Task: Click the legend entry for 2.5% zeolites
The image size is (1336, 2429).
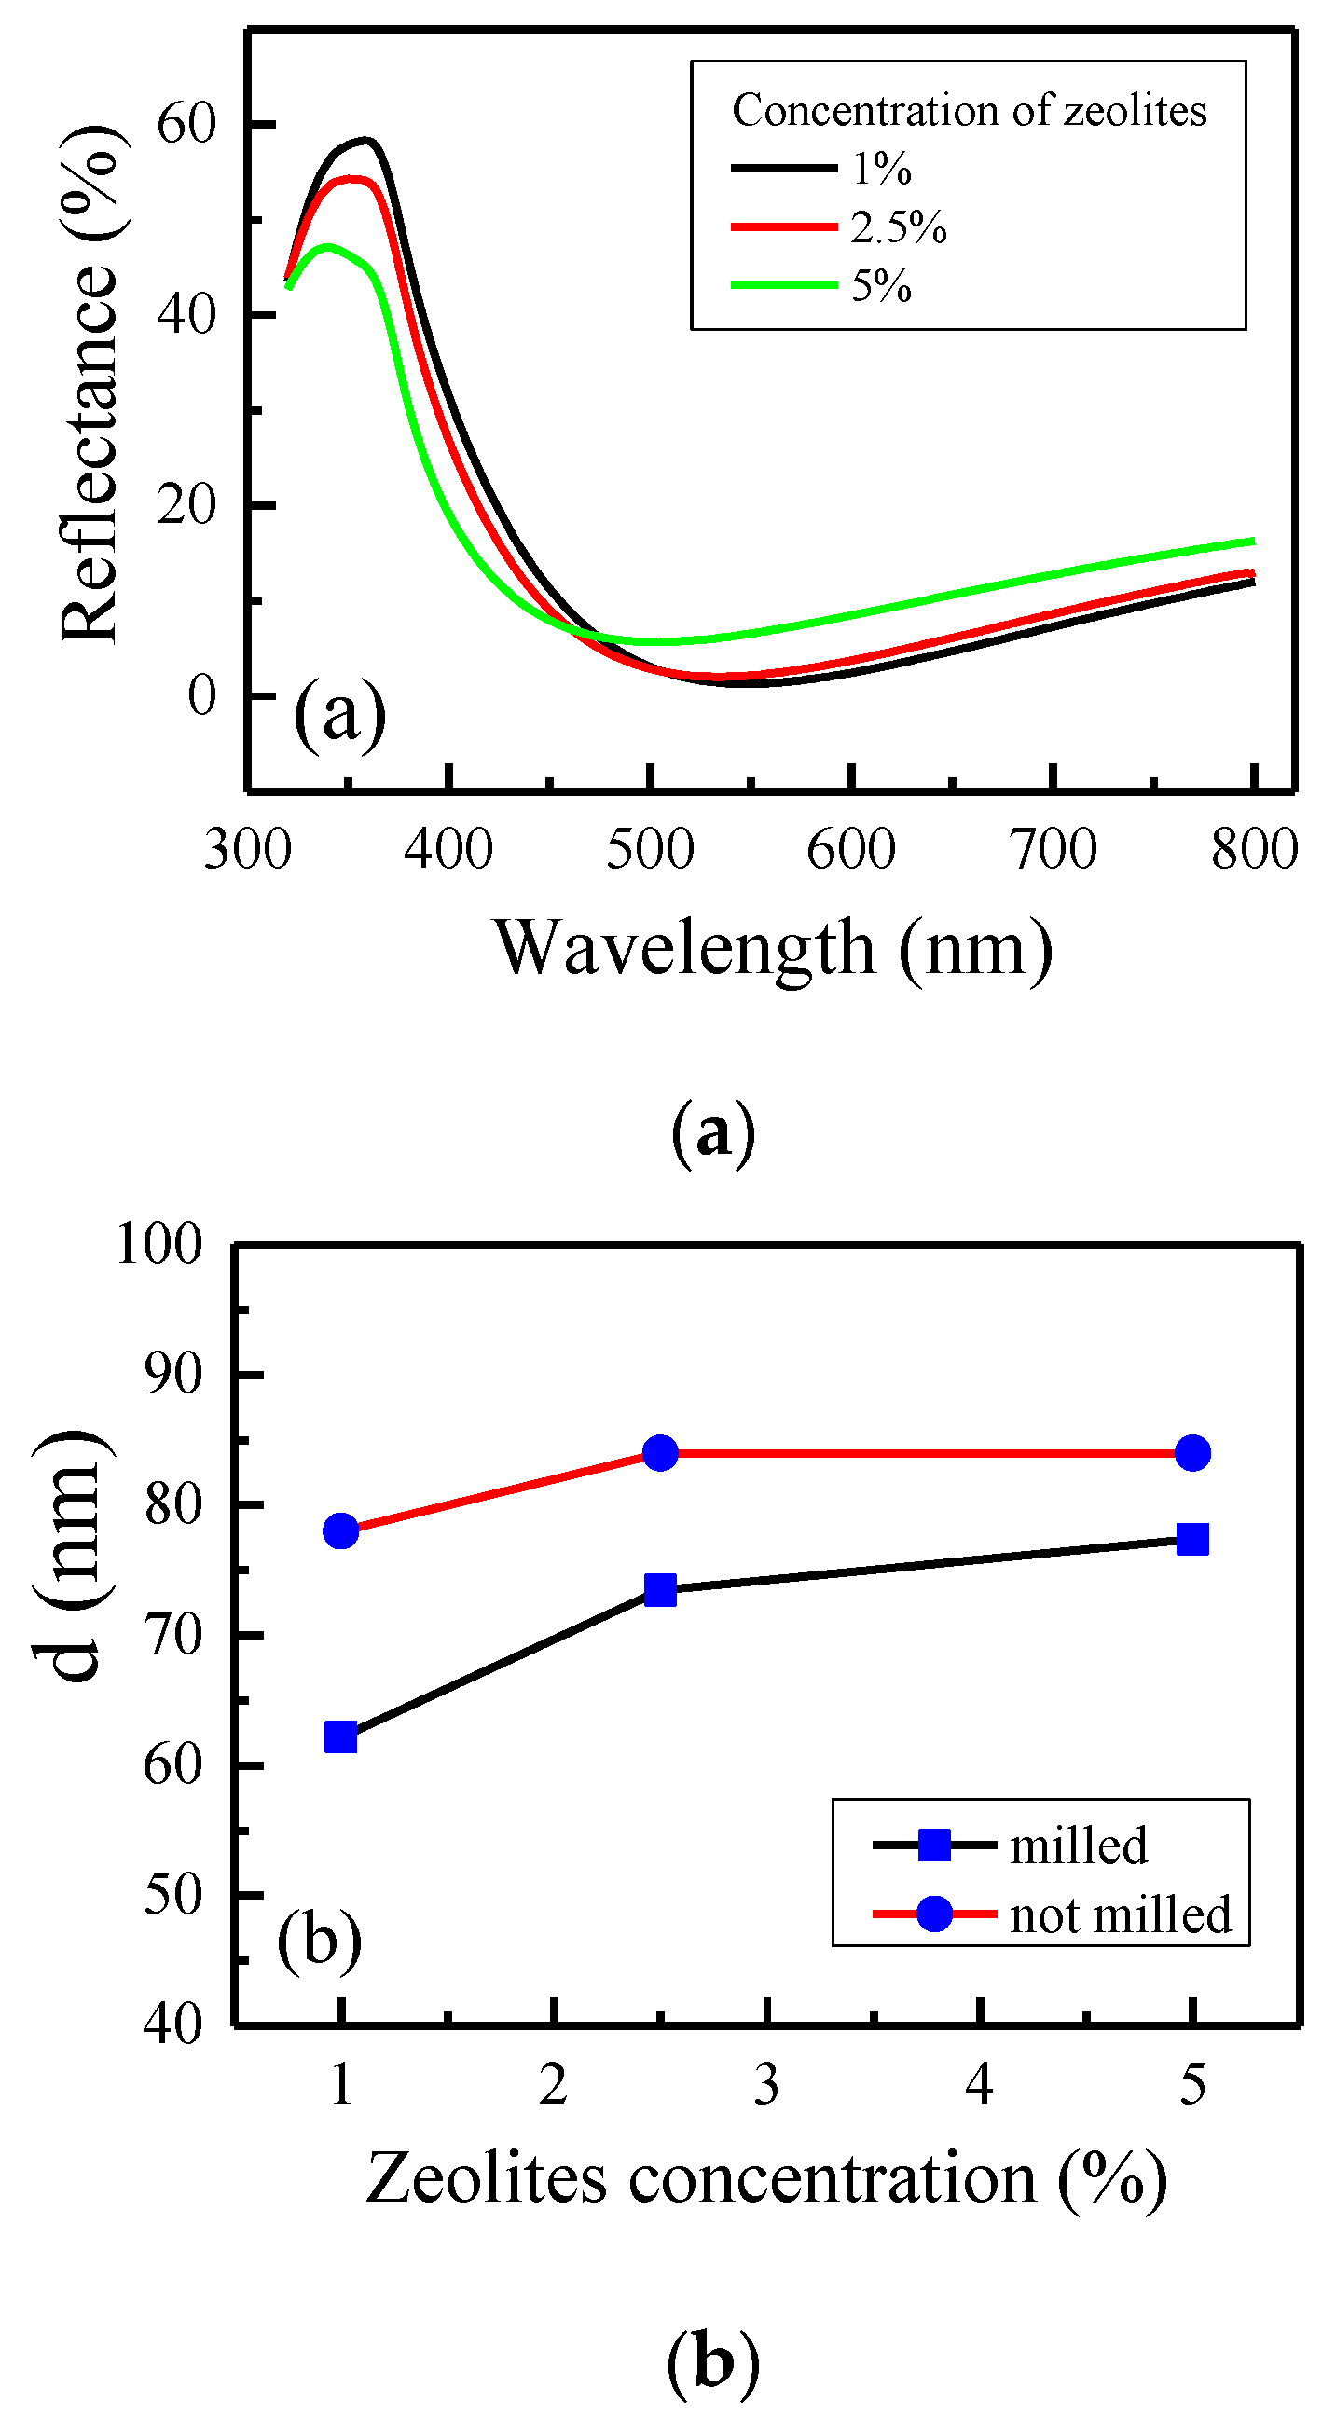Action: pos(897,227)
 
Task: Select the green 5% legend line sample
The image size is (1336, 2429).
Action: pos(783,285)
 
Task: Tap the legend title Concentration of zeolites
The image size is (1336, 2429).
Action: pos(969,110)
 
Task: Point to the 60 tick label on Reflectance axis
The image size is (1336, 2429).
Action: pos(186,124)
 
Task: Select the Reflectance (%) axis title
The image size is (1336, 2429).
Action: pos(90,387)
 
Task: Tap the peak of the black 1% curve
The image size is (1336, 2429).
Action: pos(365,141)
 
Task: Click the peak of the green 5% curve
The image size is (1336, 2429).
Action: pos(326,246)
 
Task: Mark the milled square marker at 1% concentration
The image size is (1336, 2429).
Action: pos(340,1736)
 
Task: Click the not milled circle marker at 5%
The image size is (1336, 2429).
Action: pos(1192,1453)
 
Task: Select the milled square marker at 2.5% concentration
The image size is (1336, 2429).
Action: pos(660,1590)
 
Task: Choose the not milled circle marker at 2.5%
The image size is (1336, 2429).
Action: pos(660,1453)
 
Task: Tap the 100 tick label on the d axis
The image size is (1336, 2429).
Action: pos(158,1243)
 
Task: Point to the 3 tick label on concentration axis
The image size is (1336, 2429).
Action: pos(766,2085)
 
